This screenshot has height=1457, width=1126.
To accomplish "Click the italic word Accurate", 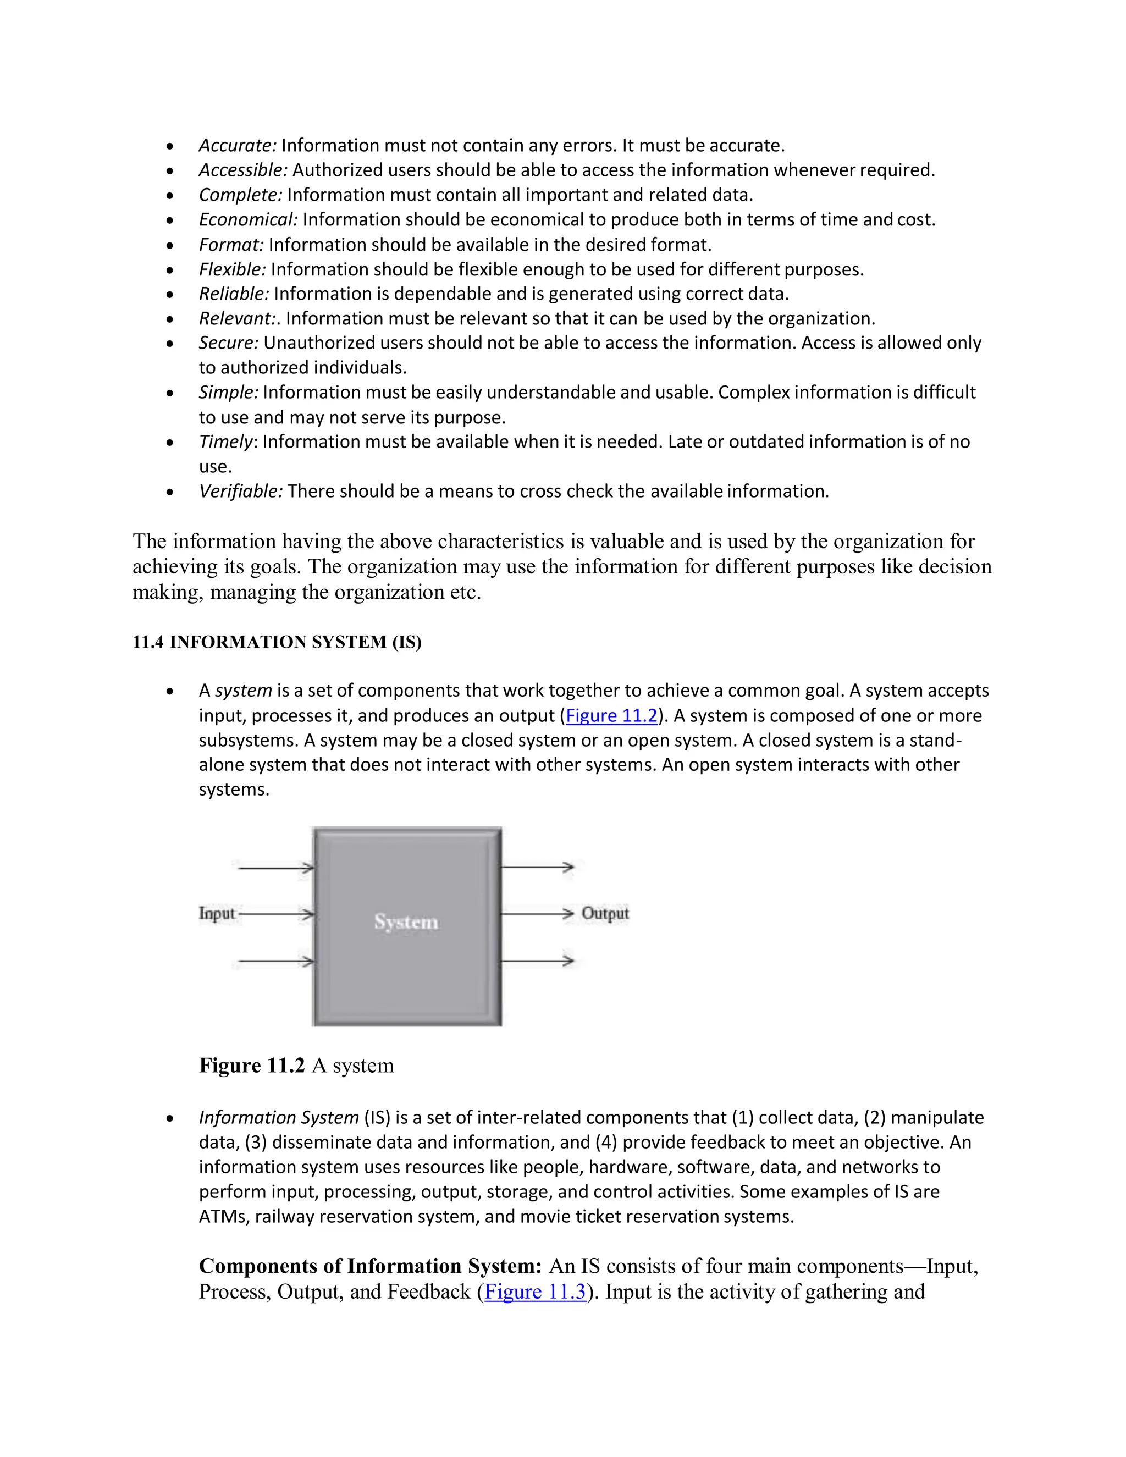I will (237, 146).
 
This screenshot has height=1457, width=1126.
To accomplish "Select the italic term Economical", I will (248, 219).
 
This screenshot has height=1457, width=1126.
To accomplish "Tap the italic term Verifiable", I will (240, 491).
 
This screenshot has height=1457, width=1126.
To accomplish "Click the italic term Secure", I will (228, 343).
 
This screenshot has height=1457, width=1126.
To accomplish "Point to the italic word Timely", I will (225, 441).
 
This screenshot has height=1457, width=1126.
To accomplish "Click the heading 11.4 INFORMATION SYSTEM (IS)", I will (277, 642).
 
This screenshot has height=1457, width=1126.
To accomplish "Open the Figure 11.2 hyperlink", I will (611, 716).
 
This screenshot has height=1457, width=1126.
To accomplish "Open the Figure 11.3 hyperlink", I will (535, 1292).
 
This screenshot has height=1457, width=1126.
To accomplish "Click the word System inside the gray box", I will (406, 922).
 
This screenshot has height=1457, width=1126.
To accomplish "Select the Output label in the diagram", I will (605, 913).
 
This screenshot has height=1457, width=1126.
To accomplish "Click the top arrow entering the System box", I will (275, 868).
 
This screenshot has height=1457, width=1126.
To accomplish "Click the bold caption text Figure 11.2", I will (251, 1066).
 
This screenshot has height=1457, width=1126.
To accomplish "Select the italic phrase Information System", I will (278, 1117).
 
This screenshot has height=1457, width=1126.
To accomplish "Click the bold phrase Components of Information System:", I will (370, 1266).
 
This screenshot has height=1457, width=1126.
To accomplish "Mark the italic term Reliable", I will (234, 294).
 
